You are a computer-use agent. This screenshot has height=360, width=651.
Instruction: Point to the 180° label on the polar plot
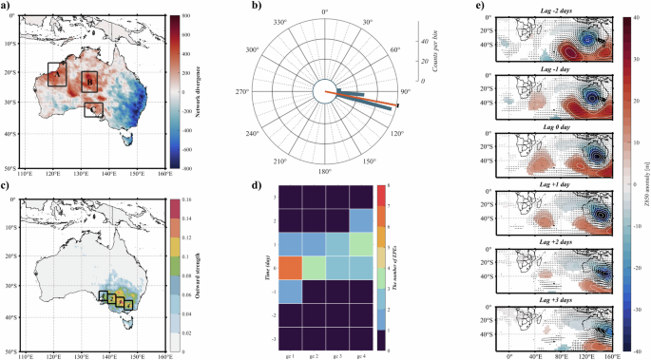[x=325, y=172]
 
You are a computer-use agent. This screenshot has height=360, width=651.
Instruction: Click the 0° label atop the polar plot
[x=325, y=11]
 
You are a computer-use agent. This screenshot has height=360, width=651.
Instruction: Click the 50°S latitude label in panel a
[x=12, y=167]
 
